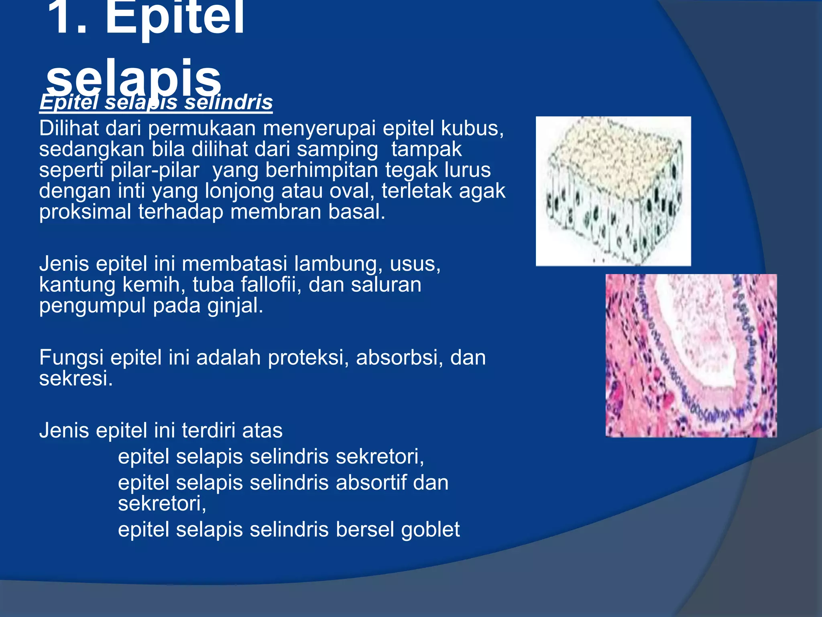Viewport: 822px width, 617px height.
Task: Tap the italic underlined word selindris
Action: [228, 102]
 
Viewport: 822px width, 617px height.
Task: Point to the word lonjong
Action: [239, 191]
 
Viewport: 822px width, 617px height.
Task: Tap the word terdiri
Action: [208, 431]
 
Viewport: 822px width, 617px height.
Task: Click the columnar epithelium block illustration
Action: [613, 191]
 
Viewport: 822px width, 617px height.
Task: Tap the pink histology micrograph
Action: [691, 356]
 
